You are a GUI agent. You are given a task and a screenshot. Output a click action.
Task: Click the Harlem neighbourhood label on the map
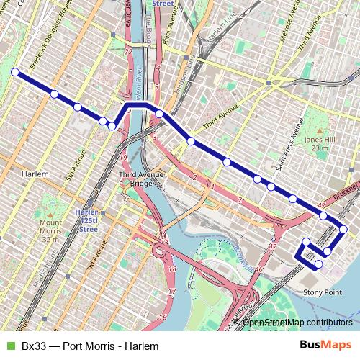[35, 174]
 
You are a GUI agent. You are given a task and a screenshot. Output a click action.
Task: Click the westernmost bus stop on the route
[15, 71]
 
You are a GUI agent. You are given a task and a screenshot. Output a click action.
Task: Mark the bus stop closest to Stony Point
[318, 264]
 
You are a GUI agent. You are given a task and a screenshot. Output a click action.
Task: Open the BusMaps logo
[326, 345]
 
